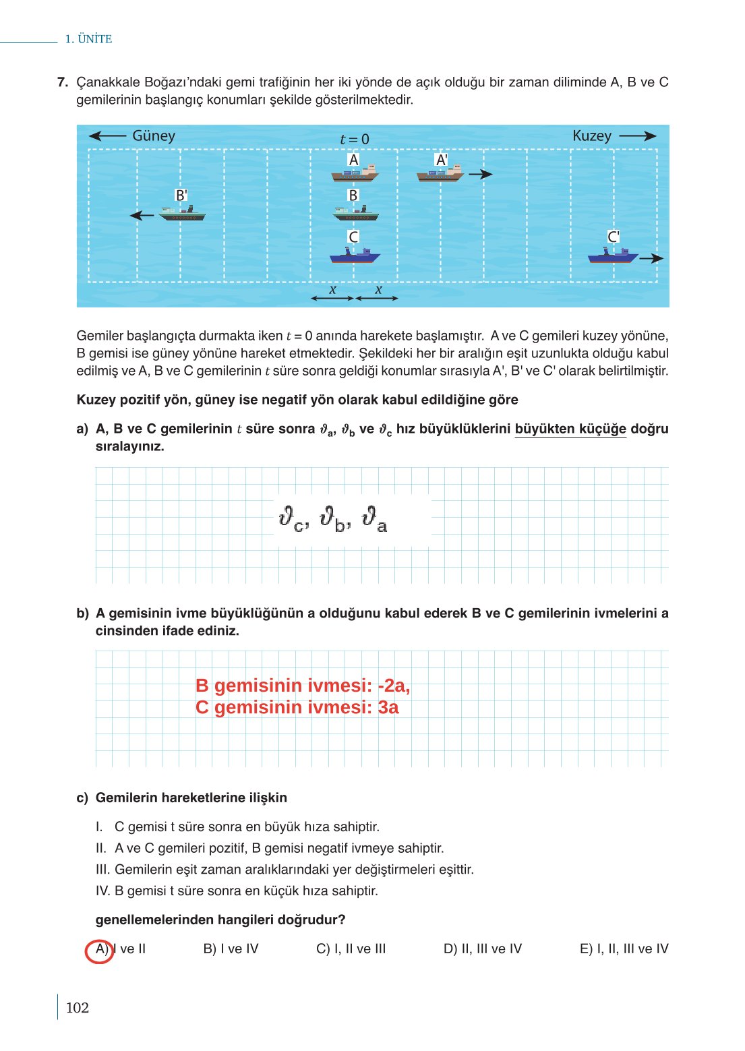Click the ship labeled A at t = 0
(355, 174)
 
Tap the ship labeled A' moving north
(440, 174)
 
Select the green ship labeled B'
(182, 214)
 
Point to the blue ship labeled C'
(613, 256)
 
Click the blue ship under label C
(355, 256)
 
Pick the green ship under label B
(355, 214)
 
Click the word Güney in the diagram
(154, 136)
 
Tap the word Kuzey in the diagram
(591, 136)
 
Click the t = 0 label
(355, 140)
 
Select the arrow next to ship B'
(142, 216)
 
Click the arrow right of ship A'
(481, 175)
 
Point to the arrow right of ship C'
(651, 258)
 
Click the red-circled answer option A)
(100, 949)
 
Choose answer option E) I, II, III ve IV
(624, 949)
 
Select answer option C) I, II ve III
(351, 949)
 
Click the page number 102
(78, 1008)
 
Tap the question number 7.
(63, 82)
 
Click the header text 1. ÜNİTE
(88, 39)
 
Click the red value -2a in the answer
(392, 686)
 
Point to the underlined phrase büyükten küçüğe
(570, 429)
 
